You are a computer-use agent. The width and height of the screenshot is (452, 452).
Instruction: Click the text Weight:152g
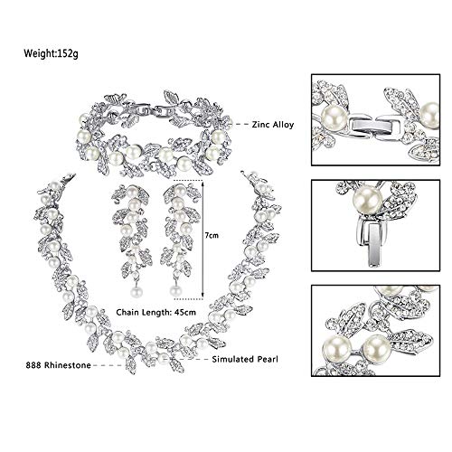point(51,53)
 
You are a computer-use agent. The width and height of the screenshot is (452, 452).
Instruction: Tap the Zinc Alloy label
point(273,125)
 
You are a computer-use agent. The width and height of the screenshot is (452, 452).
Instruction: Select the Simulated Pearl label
point(245,359)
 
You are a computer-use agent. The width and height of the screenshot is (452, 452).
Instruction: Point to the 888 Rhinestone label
point(58,365)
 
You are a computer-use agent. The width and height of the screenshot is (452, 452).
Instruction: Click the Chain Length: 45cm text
point(156,312)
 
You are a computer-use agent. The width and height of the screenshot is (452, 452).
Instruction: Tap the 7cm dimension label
point(212,235)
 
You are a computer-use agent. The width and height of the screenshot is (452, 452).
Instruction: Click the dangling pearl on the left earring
point(137,292)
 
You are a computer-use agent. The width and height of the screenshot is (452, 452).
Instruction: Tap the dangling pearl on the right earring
point(175,291)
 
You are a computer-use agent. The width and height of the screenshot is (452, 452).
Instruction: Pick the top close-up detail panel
point(375,119)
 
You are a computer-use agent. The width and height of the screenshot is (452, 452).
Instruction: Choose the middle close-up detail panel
point(375,225)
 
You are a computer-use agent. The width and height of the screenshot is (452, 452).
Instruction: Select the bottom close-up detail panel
point(375,331)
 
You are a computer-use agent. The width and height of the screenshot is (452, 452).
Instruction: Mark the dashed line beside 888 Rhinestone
point(108,365)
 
